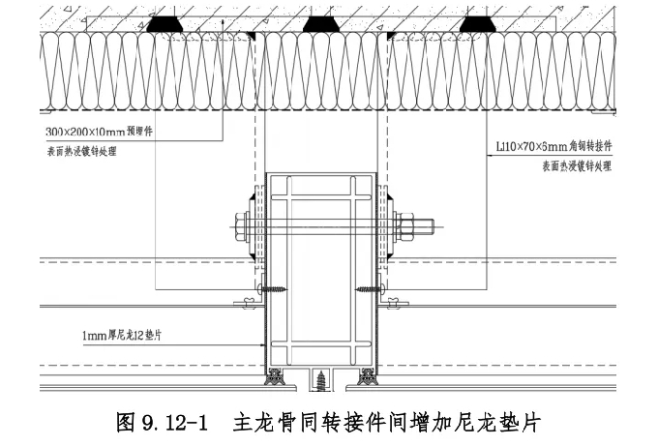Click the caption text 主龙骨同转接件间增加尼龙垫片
385,422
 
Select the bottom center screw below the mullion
321,383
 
